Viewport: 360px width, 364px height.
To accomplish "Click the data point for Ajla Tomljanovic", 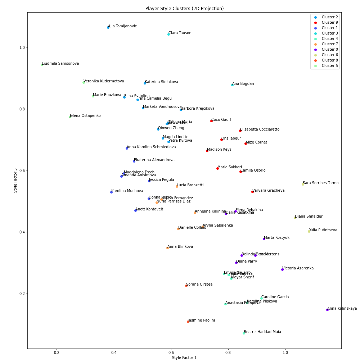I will pos(108,27).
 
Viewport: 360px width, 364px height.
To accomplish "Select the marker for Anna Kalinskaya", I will pos(327,310).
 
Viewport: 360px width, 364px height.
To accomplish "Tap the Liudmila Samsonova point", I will pos(42,65).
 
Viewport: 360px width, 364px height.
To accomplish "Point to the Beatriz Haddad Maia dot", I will pos(244,333).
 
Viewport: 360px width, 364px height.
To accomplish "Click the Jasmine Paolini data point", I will pos(188,322).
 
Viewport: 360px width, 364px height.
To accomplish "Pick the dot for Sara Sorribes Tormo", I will pos(303,184).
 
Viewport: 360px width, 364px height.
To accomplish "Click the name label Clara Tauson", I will pos(180,33).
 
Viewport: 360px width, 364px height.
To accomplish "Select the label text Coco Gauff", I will pos(221,120).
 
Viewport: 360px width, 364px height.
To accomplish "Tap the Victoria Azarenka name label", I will pos(298,268).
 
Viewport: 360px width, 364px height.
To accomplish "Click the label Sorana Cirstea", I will pos(199,285).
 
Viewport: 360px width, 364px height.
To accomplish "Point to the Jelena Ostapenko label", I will pos(85,116).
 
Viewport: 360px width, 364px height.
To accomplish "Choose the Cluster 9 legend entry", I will pos(329,23).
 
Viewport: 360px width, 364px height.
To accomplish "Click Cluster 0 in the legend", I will pos(329,50).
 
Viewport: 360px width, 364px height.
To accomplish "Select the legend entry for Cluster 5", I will pos(329,66).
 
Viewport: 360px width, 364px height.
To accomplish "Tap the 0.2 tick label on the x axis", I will pos(57,352).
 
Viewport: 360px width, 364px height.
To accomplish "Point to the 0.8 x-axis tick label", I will pos(228,352).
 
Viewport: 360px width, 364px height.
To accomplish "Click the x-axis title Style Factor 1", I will pos(184,358).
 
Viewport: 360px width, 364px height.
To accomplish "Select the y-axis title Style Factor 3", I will pos(15,180).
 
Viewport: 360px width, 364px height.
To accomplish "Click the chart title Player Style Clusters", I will pos(184,9).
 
